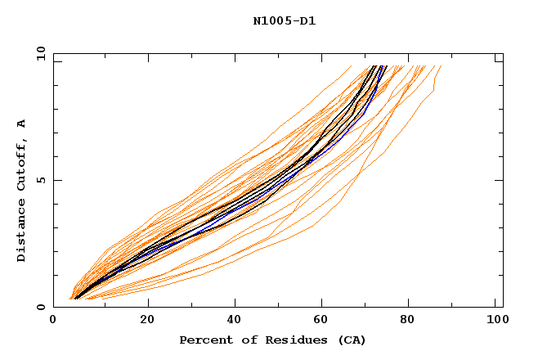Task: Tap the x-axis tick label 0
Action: [53, 322]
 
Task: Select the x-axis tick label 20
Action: [148, 322]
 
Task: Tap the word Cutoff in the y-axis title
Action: [22, 160]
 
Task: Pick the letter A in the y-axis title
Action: [22, 124]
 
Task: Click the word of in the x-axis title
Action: [240, 340]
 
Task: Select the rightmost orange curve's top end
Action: [441, 66]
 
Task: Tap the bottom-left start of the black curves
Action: [75, 299]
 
